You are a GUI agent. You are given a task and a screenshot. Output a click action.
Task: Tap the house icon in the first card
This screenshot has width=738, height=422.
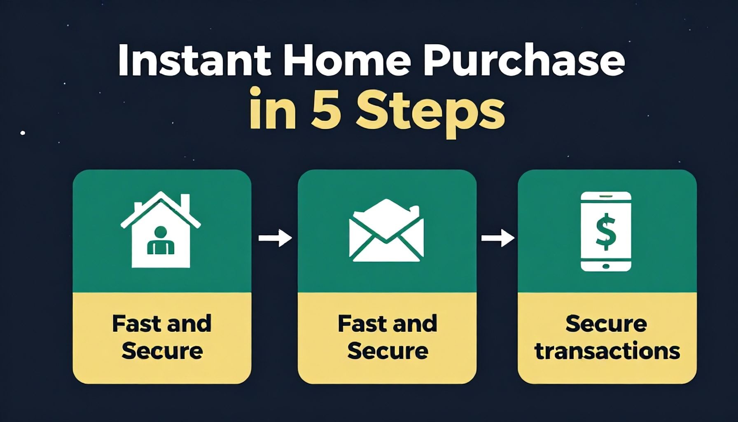coord(161,229)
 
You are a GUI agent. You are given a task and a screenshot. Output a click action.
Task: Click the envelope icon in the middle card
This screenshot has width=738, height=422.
coord(386,230)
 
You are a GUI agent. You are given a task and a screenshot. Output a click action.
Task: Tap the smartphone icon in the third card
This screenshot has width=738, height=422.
coord(606,231)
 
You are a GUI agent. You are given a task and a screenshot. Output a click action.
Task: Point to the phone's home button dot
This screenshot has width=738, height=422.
coord(606,266)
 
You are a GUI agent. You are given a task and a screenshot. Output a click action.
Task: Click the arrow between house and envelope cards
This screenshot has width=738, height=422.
coord(275,238)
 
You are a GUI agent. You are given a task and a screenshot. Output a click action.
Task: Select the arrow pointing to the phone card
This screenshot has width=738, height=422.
coord(498,238)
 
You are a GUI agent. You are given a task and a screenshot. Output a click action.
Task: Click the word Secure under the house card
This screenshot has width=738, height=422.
coord(162,351)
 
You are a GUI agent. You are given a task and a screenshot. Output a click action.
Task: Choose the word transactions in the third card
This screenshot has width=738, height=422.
coord(607,351)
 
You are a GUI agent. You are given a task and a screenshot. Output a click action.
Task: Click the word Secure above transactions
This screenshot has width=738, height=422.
coord(606,324)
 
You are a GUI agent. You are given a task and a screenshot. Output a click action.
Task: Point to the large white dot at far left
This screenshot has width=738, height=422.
coord(23,133)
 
